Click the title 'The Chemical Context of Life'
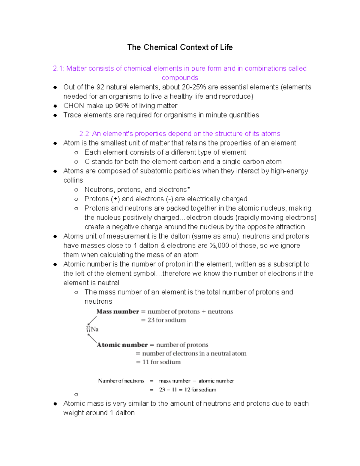pyautogui.click(x=180, y=47)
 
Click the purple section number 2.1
pyautogui.click(x=58, y=68)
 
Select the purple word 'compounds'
pyautogui.click(x=180, y=78)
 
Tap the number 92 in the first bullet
pyautogui.click(x=100, y=87)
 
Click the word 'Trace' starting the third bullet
pyautogui.click(x=72, y=115)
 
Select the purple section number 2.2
pyautogui.click(x=85, y=134)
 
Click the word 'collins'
pyautogui.click(x=73, y=180)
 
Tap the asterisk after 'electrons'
pyautogui.click(x=188, y=189)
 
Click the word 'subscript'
pyautogui.click(x=291, y=264)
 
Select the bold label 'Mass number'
pyautogui.click(x=118, y=311)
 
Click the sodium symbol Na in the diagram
pyautogui.click(x=95, y=329)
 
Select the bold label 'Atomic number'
pyautogui.click(x=122, y=345)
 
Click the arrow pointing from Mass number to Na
pyautogui.click(x=92, y=320)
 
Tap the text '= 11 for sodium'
pyautogui.click(x=158, y=362)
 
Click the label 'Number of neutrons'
pyautogui.click(x=121, y=381)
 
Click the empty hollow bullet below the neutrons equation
pyautogui.click(x=76, y=394)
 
